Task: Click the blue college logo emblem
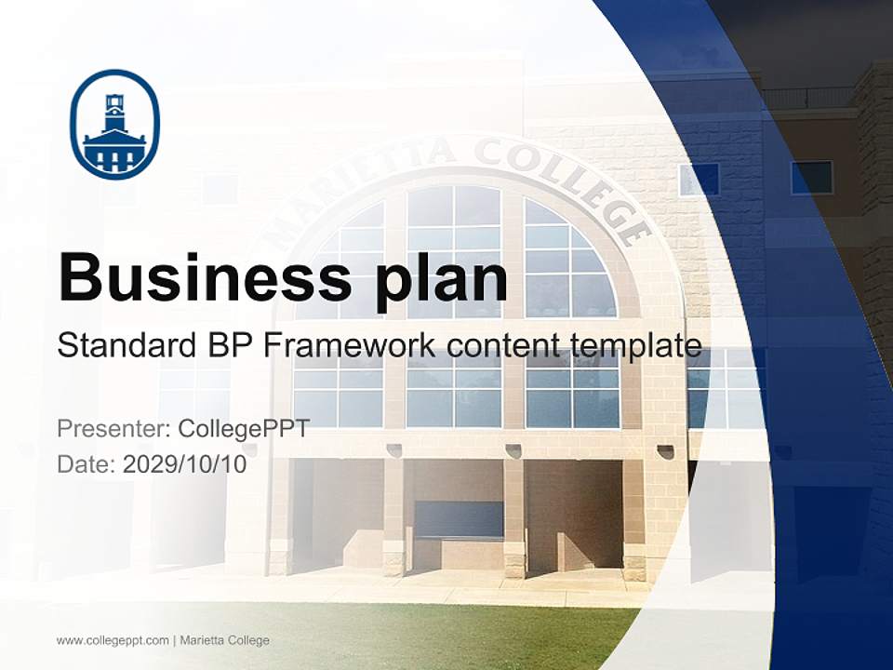click(x=115, y=124)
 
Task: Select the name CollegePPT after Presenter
click(x=244, y=429)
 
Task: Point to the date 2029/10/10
click(x=185, y=463)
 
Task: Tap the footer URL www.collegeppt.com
click(x=113, y=640)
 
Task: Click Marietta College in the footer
click(x=224, y=640)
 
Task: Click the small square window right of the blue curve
click(x=811, y=177)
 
